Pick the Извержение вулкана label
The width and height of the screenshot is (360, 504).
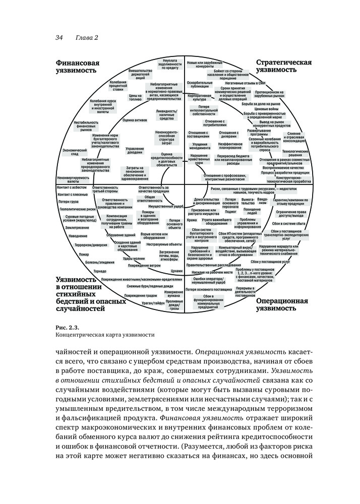coord(173,294)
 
